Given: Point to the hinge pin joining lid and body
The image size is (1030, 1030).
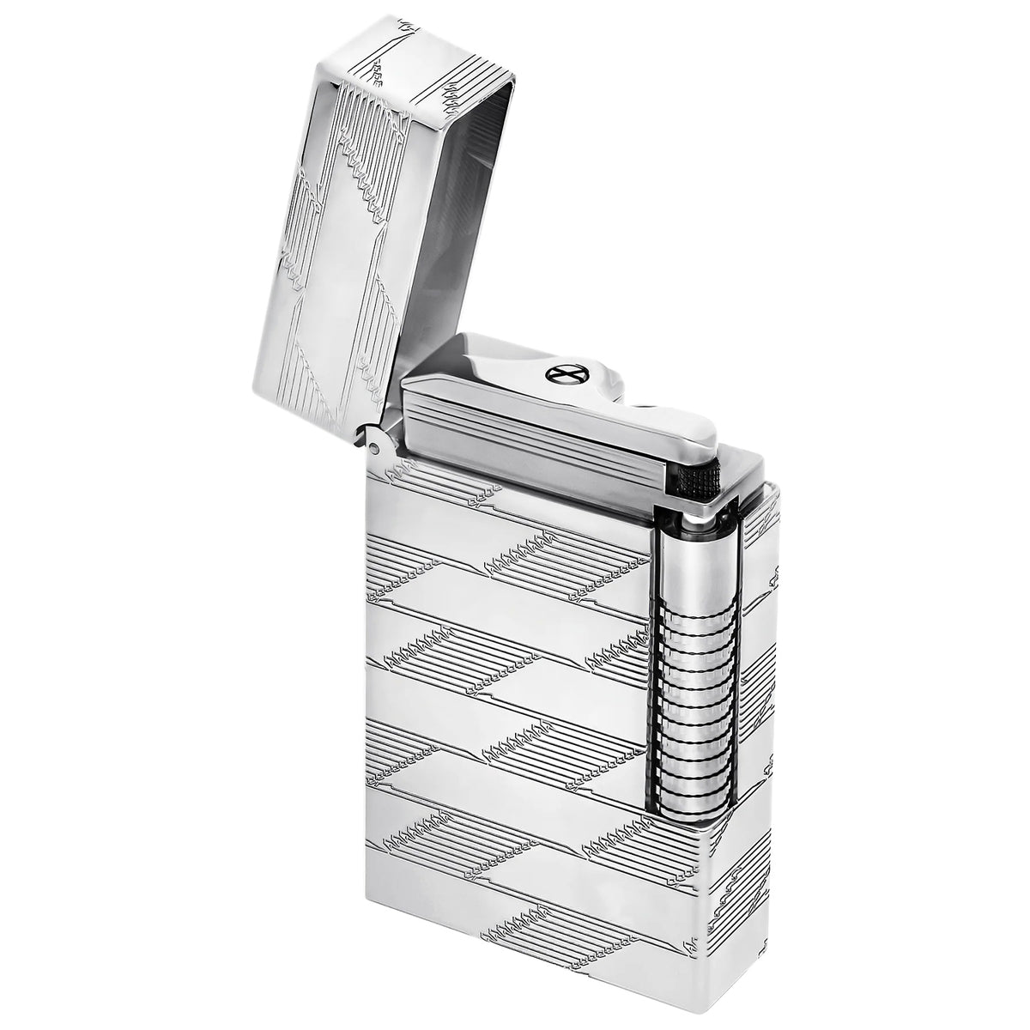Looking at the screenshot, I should tap(374, 444).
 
